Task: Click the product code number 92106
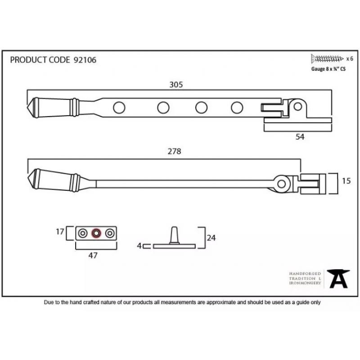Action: click(85, 60)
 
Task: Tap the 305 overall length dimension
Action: click(176, 85)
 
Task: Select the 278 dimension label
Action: click(174, 151)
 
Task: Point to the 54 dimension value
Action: click(300, 137)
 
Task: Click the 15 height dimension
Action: click(346, 181)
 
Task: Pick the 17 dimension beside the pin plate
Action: click(60, 232)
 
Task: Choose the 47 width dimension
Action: click(93, 255)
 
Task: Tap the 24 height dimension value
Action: click(211, 238)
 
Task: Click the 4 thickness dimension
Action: click(139, 246)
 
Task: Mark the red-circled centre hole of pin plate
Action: click(96, 233)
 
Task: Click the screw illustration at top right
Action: click(327, 59)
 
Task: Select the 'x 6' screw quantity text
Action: click(350, 59)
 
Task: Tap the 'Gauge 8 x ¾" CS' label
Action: click(328, 69)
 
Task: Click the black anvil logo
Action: click(338, 279)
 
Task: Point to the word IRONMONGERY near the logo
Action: click(305, 283)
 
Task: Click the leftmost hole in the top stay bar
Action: click(119, 108)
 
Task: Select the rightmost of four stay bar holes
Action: click(237, 108)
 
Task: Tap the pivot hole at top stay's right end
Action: click(298, 107)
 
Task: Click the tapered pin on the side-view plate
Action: click(174, 235)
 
